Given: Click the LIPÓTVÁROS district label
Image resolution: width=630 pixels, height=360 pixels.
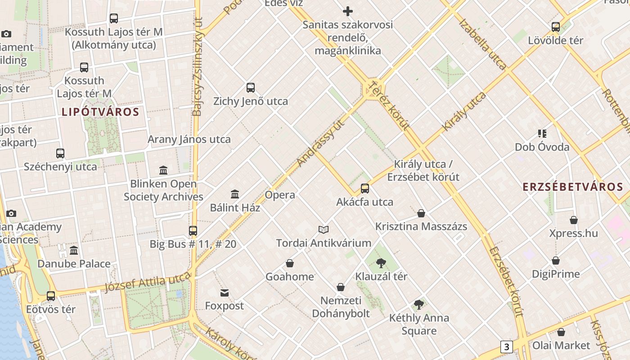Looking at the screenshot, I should click(x=100, y=112).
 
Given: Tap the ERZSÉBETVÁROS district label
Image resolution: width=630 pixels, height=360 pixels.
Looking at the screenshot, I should click(x=573, y=187).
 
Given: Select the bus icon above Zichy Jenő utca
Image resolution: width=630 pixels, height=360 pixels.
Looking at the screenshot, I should click(x=251, y=88).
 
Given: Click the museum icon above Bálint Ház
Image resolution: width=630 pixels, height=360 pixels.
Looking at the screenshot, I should click(x=235, y=194).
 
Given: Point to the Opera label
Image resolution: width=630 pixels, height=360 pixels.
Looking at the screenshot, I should click(x=280, y=195).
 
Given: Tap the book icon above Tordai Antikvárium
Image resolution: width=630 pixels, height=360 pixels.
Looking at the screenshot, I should click(x=324, y=230).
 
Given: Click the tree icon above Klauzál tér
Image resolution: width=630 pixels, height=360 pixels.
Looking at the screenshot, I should click(x=381, y=263).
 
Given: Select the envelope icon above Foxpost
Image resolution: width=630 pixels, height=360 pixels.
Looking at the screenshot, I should click(x=224, y=293).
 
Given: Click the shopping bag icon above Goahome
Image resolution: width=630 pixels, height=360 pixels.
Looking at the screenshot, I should click(x=290, y=263).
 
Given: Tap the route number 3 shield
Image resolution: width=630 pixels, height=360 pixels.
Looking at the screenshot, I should click(x=507, y=347).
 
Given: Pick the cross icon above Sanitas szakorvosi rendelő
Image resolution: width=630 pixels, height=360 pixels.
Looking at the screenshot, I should click(x=348, y=11).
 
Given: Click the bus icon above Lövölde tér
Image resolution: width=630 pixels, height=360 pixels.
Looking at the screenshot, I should click(x=556, y=27).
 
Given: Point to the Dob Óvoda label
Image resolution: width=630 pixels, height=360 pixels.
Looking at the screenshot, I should click(x=542, y=147).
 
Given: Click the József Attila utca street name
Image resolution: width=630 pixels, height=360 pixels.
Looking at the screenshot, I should click(x=148, y=282).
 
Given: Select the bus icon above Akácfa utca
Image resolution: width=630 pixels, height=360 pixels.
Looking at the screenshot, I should click(x=365, y=189).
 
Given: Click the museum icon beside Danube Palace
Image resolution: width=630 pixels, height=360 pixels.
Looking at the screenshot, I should click(x=74, y=250).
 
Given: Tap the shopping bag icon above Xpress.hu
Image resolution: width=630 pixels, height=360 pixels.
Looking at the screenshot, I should click(x=574, y=220).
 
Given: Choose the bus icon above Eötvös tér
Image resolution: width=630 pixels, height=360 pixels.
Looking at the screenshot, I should click(x=51, y=296).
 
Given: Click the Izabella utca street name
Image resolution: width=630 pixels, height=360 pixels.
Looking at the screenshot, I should click(x=482, y=44).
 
